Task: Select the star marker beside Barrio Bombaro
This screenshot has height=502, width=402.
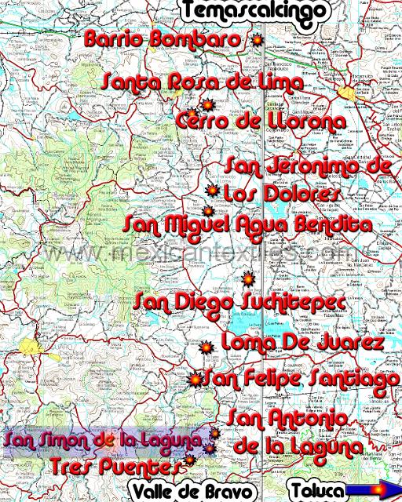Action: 256,39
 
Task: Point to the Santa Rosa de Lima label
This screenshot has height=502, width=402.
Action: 202,82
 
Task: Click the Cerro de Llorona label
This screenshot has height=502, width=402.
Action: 261,122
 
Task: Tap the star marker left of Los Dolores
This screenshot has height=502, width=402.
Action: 211,191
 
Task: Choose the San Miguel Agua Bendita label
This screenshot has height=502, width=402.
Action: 247,224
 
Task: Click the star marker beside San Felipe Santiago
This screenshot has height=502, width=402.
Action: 195,380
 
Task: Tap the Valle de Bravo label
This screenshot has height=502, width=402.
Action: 193,492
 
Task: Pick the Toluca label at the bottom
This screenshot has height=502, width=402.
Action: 317,492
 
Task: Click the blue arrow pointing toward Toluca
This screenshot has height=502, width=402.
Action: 374,491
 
